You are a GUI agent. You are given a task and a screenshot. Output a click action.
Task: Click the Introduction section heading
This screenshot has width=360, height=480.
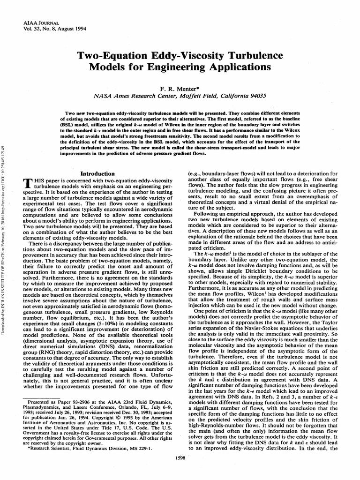click(98, 173)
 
